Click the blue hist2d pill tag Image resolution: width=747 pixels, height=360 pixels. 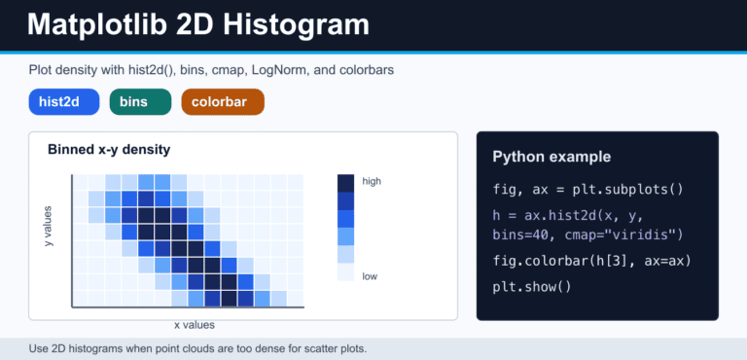64,102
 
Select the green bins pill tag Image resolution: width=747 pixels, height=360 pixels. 140,102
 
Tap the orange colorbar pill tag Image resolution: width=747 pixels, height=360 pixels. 223,102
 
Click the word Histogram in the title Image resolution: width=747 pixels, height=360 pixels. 297,24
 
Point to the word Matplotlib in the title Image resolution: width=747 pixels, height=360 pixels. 97,24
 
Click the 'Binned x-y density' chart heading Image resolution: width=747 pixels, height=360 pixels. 109,150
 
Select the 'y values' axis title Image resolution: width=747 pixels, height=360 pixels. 48,226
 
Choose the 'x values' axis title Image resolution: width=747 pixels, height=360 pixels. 195,325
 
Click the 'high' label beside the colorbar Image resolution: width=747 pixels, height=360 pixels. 372,181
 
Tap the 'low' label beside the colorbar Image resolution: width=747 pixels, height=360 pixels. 370,276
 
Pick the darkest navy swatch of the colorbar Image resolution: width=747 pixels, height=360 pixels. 346,183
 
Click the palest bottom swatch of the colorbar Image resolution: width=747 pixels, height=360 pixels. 346,272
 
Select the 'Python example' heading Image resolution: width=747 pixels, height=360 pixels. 551,157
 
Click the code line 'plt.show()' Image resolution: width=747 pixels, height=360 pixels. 532,287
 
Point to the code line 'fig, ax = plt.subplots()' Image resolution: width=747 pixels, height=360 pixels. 587,190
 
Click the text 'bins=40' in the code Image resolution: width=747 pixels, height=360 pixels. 520,235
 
